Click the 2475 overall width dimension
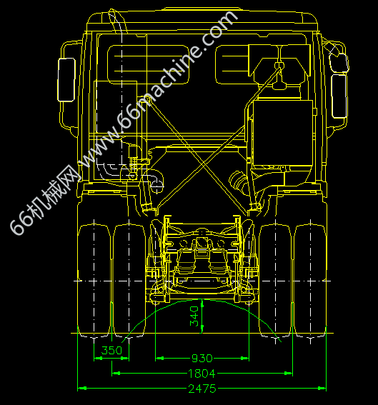pyautogui.click(x=202, y=389)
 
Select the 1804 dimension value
pyautogui.click(x=202, y=374)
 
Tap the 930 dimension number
pyautogui.click(x=202, y=359)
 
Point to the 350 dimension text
pyautogui.click(x=111, y=351)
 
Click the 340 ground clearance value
pyautogui.click(x=194, y=316)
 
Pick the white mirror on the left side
pyautogui.click(x=66, y=79)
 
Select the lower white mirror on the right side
pyautogui.click(x=339, y=96)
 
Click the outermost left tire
pyautogui.click(x=94, y=281)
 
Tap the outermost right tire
pyautogui.click(x=310, y=281)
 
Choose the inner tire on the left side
pyautogui.click(x=129, y=281)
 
